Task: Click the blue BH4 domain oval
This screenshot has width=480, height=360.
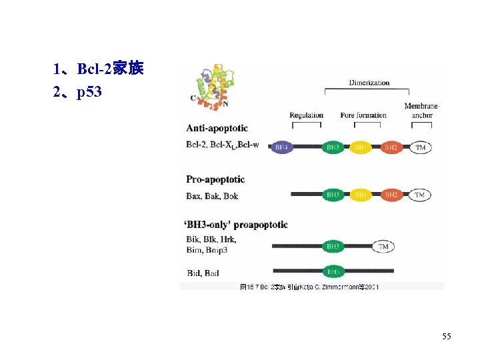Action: tap(282, 147)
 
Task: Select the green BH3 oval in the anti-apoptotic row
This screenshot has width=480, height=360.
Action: tap(333, 147)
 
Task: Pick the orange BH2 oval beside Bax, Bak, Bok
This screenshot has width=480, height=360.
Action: tap(391, 195)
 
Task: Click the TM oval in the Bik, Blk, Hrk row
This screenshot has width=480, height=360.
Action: tap(383, 247)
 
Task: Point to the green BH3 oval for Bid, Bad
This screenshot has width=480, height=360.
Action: tap(333, 272)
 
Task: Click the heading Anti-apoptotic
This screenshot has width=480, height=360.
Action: tap(217, 128)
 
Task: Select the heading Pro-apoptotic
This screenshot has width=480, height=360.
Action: tap(215, 179)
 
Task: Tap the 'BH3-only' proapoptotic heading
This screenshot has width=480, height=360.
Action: tap(237, 225)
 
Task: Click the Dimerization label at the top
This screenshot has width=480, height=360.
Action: tap(369, 83)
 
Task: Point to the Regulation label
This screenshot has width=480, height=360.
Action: tap(306, 115)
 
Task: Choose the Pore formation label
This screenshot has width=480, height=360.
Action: tap(363, 115)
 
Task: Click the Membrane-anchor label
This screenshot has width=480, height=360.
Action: tap(422, 111)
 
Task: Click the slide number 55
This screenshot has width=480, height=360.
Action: tap(446, 337)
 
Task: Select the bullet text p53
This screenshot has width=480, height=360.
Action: tap(89, 92)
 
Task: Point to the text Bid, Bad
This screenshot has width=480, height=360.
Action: tap(203, 273)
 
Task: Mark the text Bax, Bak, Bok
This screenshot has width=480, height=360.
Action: tap(212, 196)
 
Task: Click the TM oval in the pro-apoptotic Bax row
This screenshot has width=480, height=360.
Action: tap(419, 195)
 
